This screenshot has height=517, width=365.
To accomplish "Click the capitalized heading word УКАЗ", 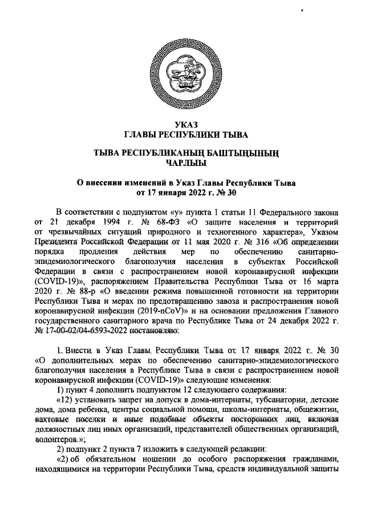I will pyautogui.click(x=182, y=126).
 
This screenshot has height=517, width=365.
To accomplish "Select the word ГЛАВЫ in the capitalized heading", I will pyautogui.click(x=141, y=135).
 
